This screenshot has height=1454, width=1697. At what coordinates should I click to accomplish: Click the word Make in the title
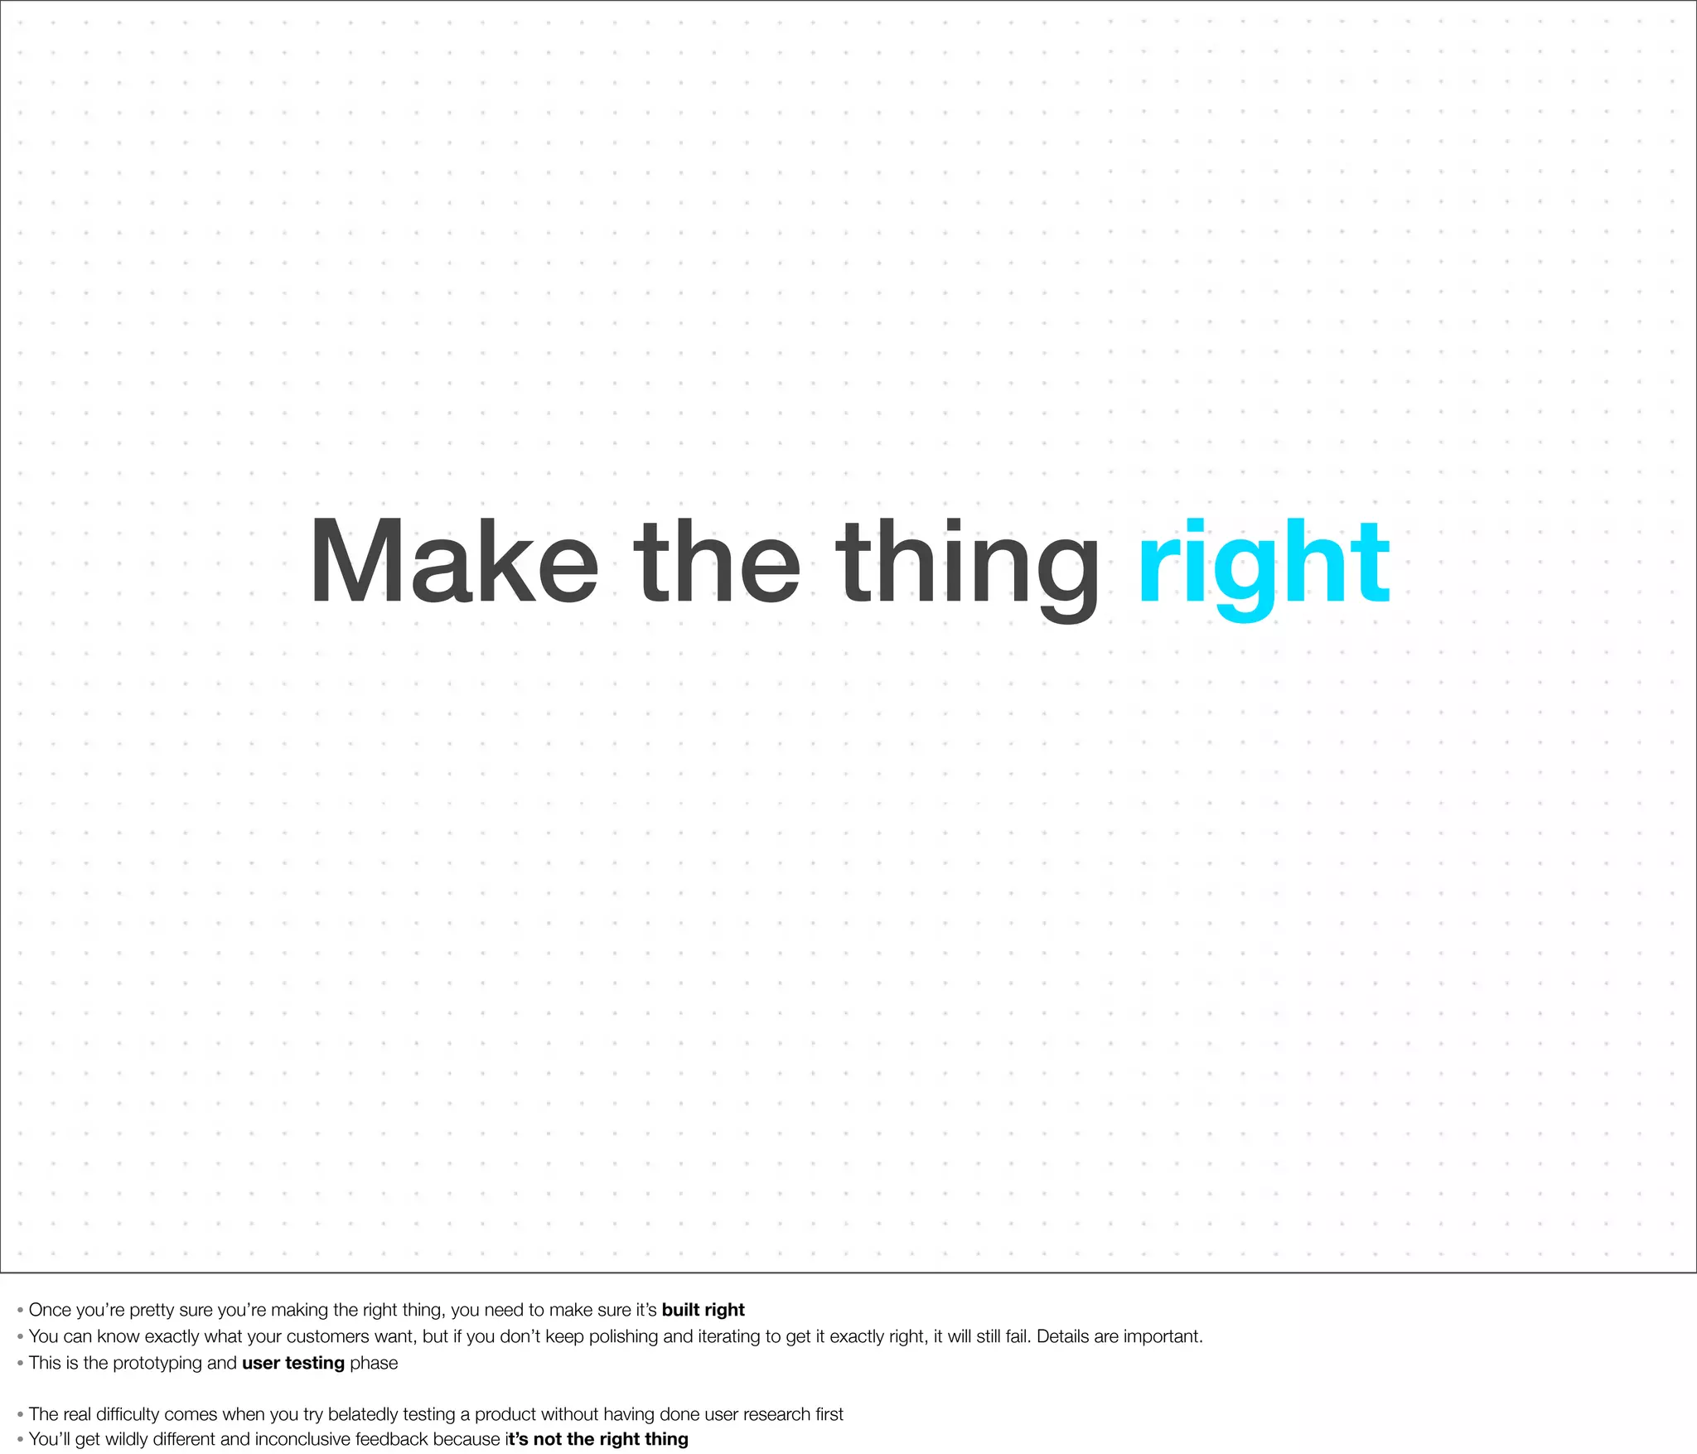[453, 563]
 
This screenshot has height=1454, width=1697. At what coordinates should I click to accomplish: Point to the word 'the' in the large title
[717, 563]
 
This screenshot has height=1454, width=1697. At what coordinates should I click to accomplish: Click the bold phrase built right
[703, 1310]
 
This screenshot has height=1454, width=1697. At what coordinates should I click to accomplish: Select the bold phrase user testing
[293, 1363]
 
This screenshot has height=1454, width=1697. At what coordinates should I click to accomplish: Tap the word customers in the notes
[327, 1336]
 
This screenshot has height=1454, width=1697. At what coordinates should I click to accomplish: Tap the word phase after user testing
[374, 1364]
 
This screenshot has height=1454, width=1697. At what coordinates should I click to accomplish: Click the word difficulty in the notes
[129, 1414]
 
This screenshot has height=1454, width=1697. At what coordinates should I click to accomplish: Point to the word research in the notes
[776, 1414]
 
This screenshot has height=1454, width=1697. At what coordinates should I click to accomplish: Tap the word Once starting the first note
[50, 1310]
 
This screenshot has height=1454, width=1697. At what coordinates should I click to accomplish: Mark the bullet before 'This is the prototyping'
[20, 1364]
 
